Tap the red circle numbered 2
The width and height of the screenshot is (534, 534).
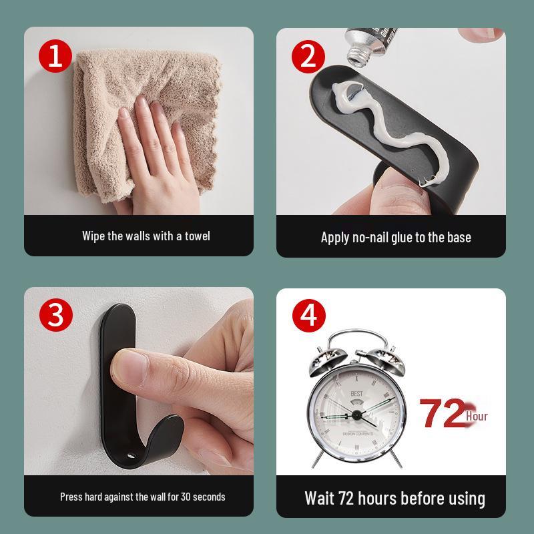tap(308, 57)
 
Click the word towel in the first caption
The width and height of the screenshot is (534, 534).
tap(196, 236)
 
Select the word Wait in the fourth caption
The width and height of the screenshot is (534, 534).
tap(320, 498)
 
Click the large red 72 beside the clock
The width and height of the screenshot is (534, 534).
tap(441, 414)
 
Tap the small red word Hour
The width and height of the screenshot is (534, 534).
tap(477, 417)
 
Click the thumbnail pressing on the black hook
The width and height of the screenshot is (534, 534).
tap(130, 366)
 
